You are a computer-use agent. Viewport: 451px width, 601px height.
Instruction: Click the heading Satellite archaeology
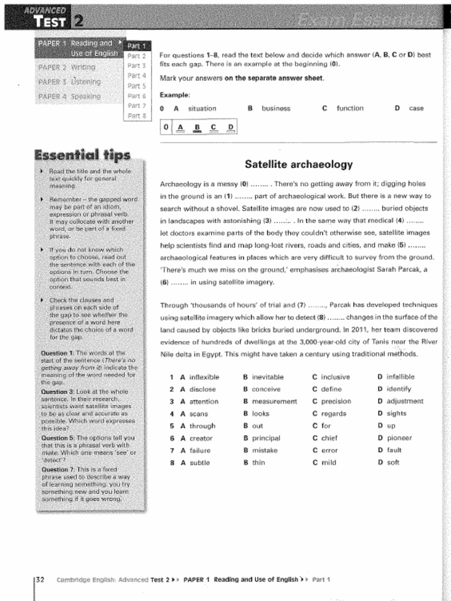click(x=298, y=164)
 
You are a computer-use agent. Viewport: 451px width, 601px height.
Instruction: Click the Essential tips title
click(x=82, y=155)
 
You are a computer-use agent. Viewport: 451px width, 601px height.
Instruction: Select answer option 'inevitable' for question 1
click(x=267, y=377)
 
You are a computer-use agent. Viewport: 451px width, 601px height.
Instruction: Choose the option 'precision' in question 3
click(x=336, y=401)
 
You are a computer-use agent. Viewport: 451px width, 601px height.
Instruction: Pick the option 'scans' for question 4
click(x=198, y=414)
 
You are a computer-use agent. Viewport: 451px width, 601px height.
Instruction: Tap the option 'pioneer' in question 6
click(x=399, y=438)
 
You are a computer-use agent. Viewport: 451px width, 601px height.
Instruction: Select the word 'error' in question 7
click(x=329, y=451)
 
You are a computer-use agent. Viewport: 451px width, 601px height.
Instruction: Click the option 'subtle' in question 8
click(x=199, y=462)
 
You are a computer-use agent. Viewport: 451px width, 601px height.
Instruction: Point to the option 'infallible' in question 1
click(x=400, y=377)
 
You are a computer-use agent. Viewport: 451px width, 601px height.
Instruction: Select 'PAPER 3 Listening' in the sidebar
click(x=69, y=82)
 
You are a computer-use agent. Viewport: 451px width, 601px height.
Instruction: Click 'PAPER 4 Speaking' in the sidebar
click(x=69, y=96)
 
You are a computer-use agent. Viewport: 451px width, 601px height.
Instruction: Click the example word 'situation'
click(x=202, y=109)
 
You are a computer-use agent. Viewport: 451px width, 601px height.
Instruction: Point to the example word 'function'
click(x=350, y=109)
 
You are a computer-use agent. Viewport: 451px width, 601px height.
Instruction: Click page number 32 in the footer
click(x=41, y=579)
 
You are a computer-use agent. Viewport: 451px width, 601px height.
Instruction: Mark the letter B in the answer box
click(x=197, y=127)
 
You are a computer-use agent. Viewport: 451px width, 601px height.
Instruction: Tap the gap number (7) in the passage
click(x=301, y=305)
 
